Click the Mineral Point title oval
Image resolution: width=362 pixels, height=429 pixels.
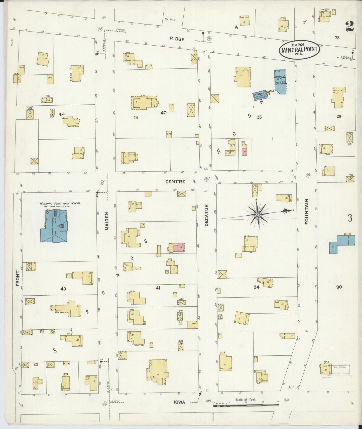(x=299, y=49)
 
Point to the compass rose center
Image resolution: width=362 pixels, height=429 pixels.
(x=258, y=214)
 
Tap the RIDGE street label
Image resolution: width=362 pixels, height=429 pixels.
(x=177, y=39)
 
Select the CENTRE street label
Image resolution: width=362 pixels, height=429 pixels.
(x=175, y=182)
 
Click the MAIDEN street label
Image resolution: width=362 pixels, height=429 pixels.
(x=107, y=221)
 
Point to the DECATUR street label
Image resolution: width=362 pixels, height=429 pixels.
(x=206, y=215)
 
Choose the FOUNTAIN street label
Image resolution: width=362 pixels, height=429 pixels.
(x=307, y=211)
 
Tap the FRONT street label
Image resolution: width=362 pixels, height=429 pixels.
(x=18, y=278)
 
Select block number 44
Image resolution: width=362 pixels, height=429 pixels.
(x=62, y=114)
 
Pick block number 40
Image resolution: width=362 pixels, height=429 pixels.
(x=163, y=113)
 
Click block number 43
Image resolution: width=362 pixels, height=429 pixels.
(x=63, y=289)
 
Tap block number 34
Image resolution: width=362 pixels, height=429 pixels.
(x=256, y=287)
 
